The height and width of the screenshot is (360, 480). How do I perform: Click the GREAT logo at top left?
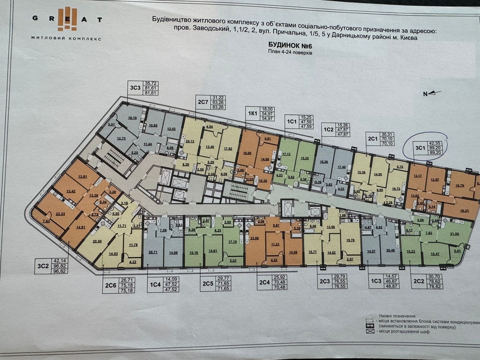coord(66,19)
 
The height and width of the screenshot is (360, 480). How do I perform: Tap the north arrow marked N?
coord(432,94)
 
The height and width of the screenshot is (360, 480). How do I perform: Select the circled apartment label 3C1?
coord(420,147)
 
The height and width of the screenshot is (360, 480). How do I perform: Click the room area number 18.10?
coord(132,118)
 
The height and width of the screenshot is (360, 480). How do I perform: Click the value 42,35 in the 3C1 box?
coord(435,143)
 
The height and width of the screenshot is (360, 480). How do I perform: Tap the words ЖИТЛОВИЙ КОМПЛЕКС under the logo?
coord(66,38)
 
